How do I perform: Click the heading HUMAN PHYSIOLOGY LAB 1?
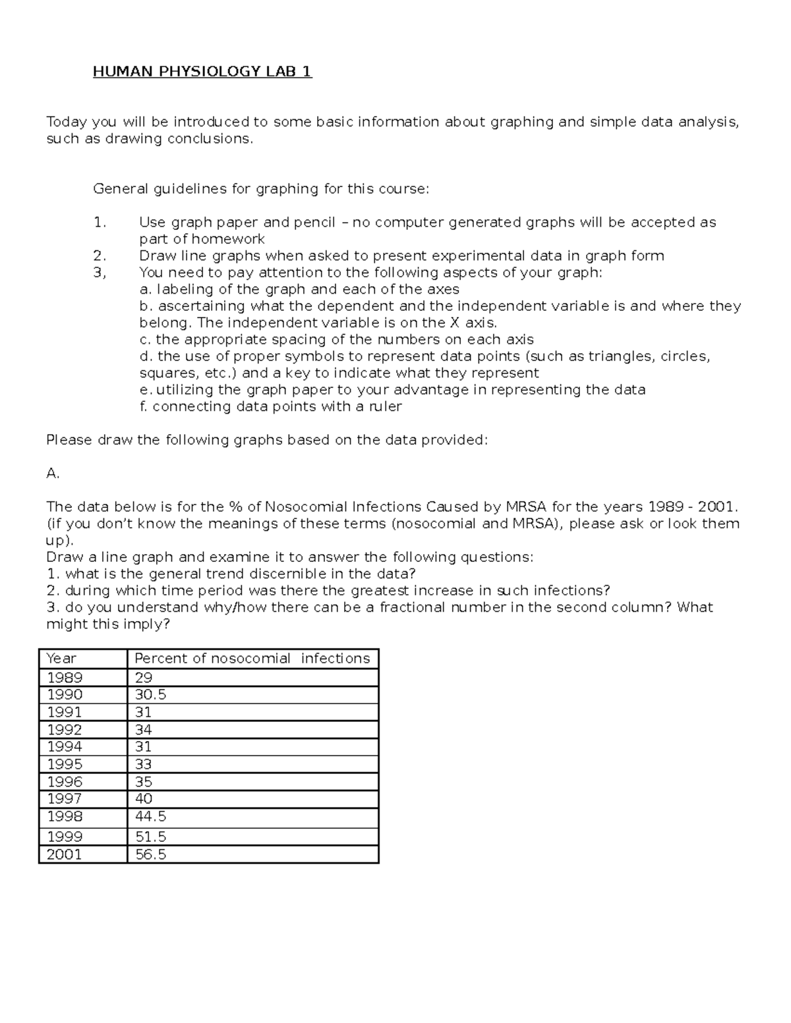(x=202, y=71)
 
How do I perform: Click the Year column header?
(x=61, y=658)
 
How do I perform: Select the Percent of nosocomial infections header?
(x=252, y=658)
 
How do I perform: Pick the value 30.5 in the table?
(x=150, y=695)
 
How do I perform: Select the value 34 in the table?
(x=143, y=729)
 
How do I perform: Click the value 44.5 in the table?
(x=150, y=816)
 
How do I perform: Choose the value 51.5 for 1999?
(x=150, y=837)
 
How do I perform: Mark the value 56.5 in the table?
(x=150, y=854)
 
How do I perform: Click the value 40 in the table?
(x=143, y=798)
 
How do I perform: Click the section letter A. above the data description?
(x=53, y=473)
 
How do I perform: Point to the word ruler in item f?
(x=385, y=406)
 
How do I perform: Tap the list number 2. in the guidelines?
(x=100, y=256)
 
